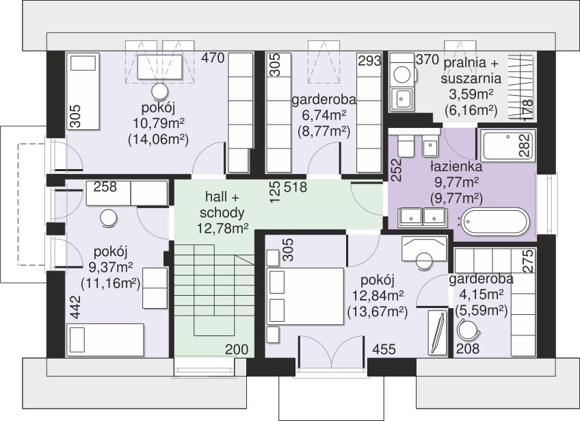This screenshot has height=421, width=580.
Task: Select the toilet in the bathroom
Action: (404, 146)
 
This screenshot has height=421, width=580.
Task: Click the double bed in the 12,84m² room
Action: (306, 296)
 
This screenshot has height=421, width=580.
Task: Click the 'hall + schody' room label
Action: (222, 205)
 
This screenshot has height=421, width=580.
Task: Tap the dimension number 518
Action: (295, 187)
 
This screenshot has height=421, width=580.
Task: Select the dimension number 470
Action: (213, 58)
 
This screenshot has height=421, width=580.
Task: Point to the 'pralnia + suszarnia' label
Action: (471, 71)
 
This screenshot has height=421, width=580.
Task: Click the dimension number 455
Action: (384, 349)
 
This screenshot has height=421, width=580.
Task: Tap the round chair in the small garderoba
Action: (468, 329)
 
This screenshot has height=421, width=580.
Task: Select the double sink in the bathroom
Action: (423, 218)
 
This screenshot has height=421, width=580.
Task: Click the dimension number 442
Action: (75, 307)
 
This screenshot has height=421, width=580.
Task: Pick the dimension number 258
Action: (105, 187)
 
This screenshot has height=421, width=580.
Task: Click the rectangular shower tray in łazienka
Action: (508, 144)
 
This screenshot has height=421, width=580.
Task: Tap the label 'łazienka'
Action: (456, 166)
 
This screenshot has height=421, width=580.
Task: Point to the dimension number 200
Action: (237, 349)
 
